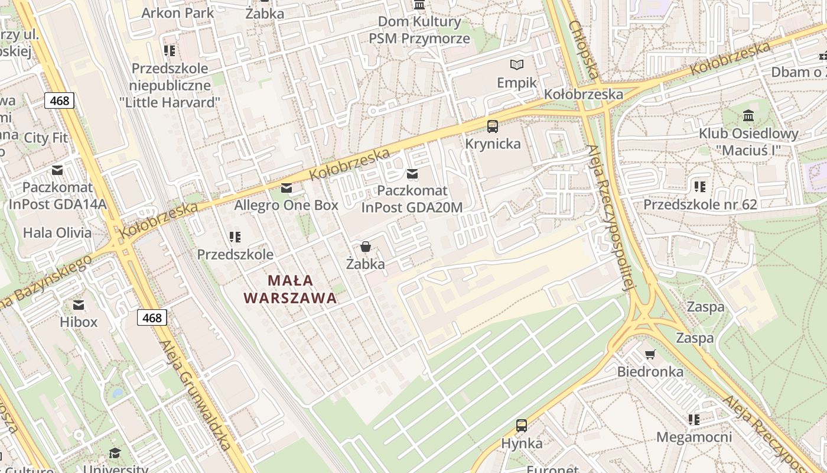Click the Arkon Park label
click(x=177, y=12)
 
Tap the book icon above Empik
click(x=517, y=64)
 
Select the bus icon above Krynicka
click(x=493, y=126)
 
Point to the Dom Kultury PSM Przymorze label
click(x=419, y=30)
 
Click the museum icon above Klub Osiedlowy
click(x=748, y=115)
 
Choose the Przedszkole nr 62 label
click(x=700, y=205)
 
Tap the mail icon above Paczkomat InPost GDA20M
click(x=412, y=174)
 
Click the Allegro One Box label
click(x=286, y=205)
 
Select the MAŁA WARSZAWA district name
click(x=290, y=289)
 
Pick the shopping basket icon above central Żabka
click(x=366, y=247)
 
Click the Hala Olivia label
click(x=57, y=232)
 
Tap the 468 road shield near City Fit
click(x=59, y=101)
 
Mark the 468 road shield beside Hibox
click(x=152, y=318)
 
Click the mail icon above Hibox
click(x=79, y=305)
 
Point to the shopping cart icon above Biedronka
click(x=650, y=355)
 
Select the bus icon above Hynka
click(x=522, y=426)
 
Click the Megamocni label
click(x=694, y=438)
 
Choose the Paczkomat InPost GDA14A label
click(x=57, y=196)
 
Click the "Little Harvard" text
click(x=170, y=102)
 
